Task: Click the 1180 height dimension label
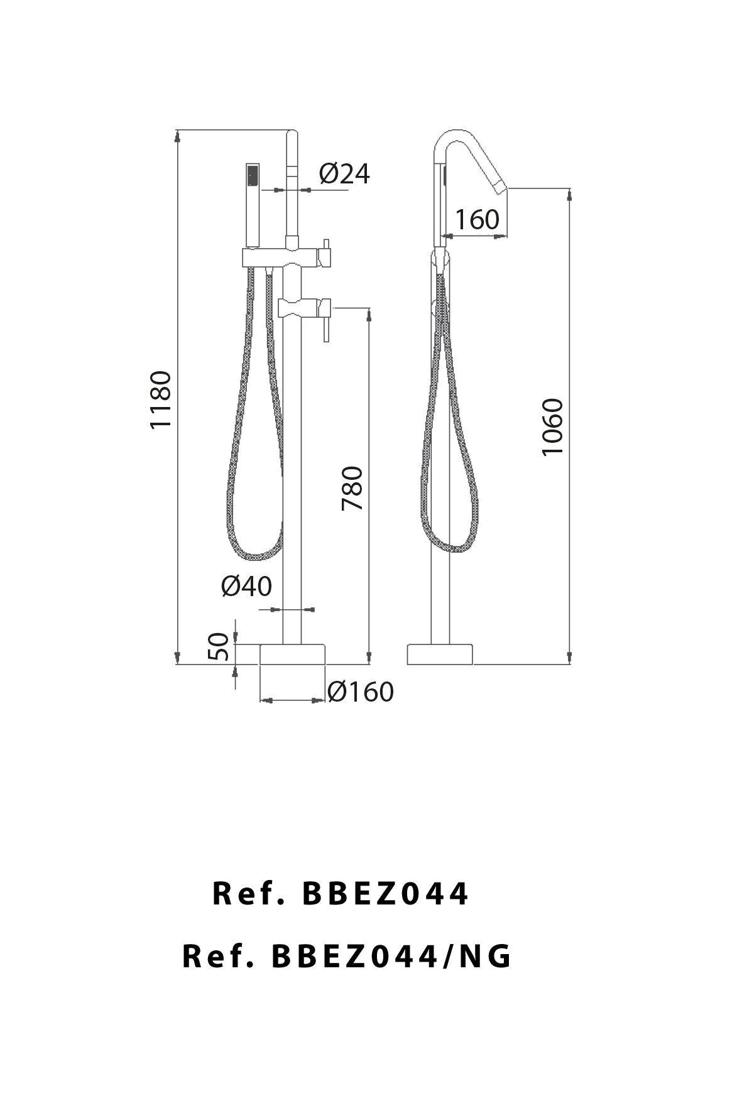coord(161,399)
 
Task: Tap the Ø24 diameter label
coord(344,173)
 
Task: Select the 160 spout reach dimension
coord(477,219)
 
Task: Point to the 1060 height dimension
coord(553,427)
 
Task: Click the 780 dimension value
coord(352,488)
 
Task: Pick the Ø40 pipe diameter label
coord(246,586)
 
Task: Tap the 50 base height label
coord(218,646)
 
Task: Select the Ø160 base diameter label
coord(361,692)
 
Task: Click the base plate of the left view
coord(293,654)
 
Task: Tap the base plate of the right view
coord(440,654)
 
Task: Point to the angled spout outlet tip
coord(500,187)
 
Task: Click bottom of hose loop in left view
coord(256,556)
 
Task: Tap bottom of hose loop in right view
coord(451,550)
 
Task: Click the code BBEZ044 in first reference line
coord(385,893)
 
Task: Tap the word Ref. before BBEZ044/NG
coord(217,957)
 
